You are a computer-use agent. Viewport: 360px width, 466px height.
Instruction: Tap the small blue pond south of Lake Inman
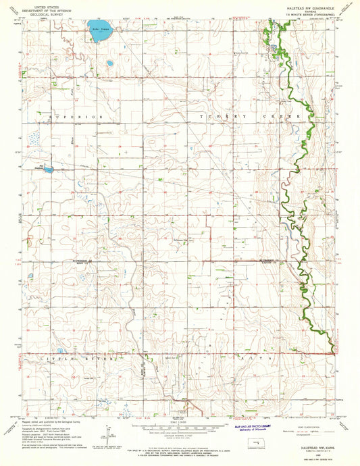pyautogui.click(x=109, y=63)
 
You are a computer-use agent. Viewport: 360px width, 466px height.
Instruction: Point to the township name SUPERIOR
pyautogui.click(x=76, y=117)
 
